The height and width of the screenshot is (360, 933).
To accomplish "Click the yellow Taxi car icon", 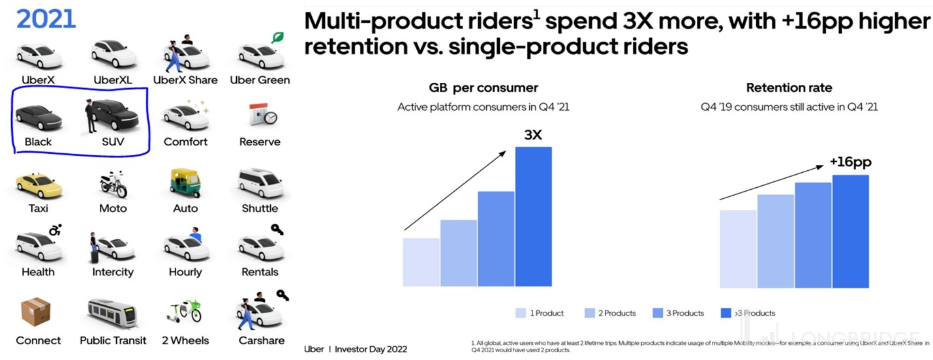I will tap(38, 185).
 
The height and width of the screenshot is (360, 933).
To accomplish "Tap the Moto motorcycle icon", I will tap(113, 184).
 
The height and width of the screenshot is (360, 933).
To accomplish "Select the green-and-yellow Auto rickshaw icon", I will tap(185, 183).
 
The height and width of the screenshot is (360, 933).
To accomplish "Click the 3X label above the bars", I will tap(534, 135).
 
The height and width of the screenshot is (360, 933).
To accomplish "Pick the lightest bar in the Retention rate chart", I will tap(738, 248).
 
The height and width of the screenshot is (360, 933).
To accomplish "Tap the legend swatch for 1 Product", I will tap(520, 313).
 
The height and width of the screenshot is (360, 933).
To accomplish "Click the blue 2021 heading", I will tap(46, 20).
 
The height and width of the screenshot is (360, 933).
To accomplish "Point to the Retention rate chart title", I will tap(789, 88).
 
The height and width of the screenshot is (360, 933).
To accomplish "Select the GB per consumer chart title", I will tap(483, 88).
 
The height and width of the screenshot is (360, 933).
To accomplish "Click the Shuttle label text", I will tap(260, 209).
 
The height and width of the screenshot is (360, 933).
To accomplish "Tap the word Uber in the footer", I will tap(314, 349).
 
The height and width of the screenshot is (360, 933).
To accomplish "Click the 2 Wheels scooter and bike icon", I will tap(185, 312).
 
